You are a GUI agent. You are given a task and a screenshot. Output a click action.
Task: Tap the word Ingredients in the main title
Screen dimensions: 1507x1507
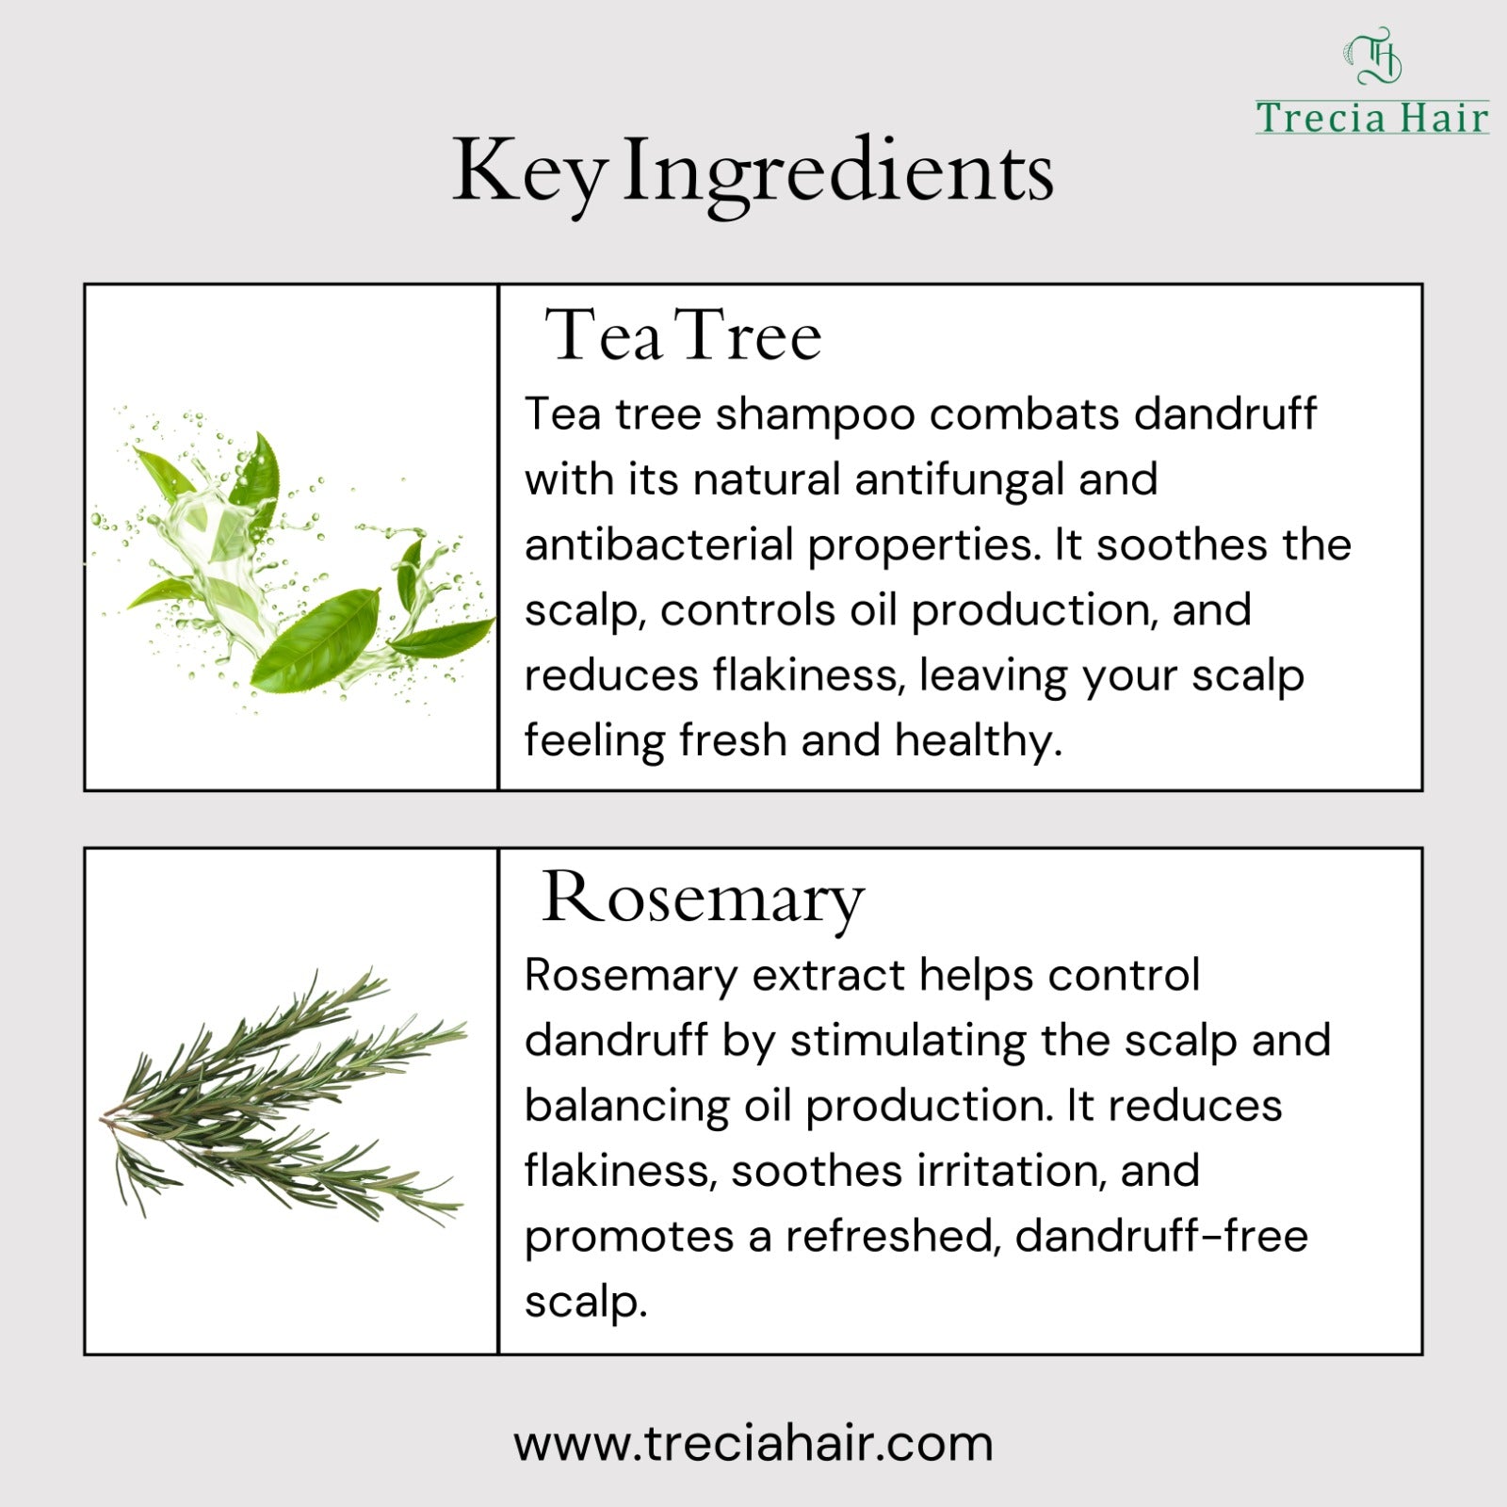pos(837,173)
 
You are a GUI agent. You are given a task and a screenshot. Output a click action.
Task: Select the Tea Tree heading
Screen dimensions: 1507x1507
pos(684,335)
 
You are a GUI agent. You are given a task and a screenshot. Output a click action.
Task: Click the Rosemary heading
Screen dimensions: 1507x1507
pos(703,899)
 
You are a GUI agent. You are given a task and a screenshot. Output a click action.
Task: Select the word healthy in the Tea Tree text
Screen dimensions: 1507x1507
pos(979,741)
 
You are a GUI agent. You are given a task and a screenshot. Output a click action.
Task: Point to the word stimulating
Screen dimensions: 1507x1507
pos(908,1042)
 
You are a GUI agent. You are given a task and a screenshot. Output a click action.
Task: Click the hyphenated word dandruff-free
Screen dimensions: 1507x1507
pos(1162,1236)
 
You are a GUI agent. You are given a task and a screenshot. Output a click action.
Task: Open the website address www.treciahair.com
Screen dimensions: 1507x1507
pos(753,1444)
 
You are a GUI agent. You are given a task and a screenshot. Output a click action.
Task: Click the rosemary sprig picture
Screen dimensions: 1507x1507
pos(283,1097)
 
